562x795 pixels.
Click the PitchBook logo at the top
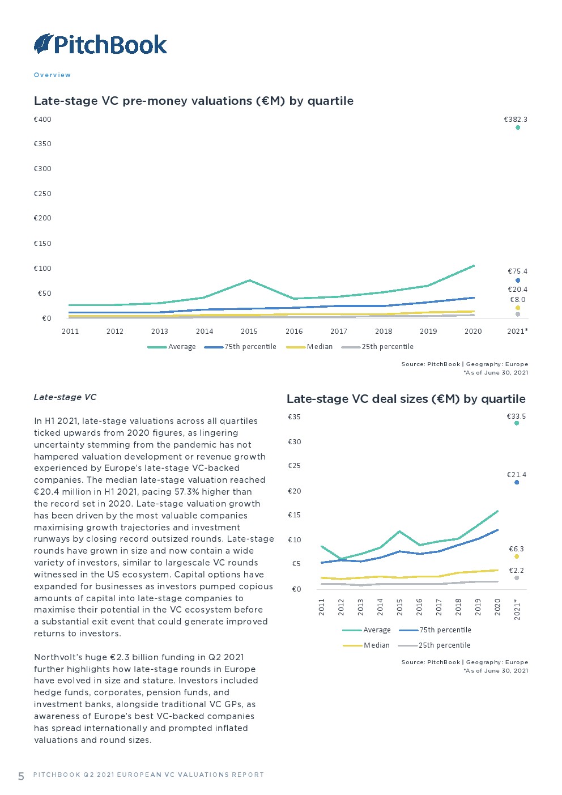(101, 44)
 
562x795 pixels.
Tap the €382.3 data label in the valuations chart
(516, 120)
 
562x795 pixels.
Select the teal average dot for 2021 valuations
(518, 127)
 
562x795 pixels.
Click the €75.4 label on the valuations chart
(517, 271)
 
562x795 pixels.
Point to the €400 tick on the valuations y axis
(42, 120)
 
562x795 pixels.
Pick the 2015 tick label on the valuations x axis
(249, 331)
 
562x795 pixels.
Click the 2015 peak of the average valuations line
(249, 280)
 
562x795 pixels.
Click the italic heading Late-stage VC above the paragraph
(65, 397)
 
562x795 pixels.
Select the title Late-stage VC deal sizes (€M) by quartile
(406, 399)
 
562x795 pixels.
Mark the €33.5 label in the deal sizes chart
(516, 416)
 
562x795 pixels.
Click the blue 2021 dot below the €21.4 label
(517, 482)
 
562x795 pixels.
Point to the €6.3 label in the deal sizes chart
(516, 549)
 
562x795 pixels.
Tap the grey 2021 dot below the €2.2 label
(517, 578)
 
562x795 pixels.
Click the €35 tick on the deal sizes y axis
(295, 417)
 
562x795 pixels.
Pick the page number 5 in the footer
(21, 776)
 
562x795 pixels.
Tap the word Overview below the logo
(52, 75)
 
